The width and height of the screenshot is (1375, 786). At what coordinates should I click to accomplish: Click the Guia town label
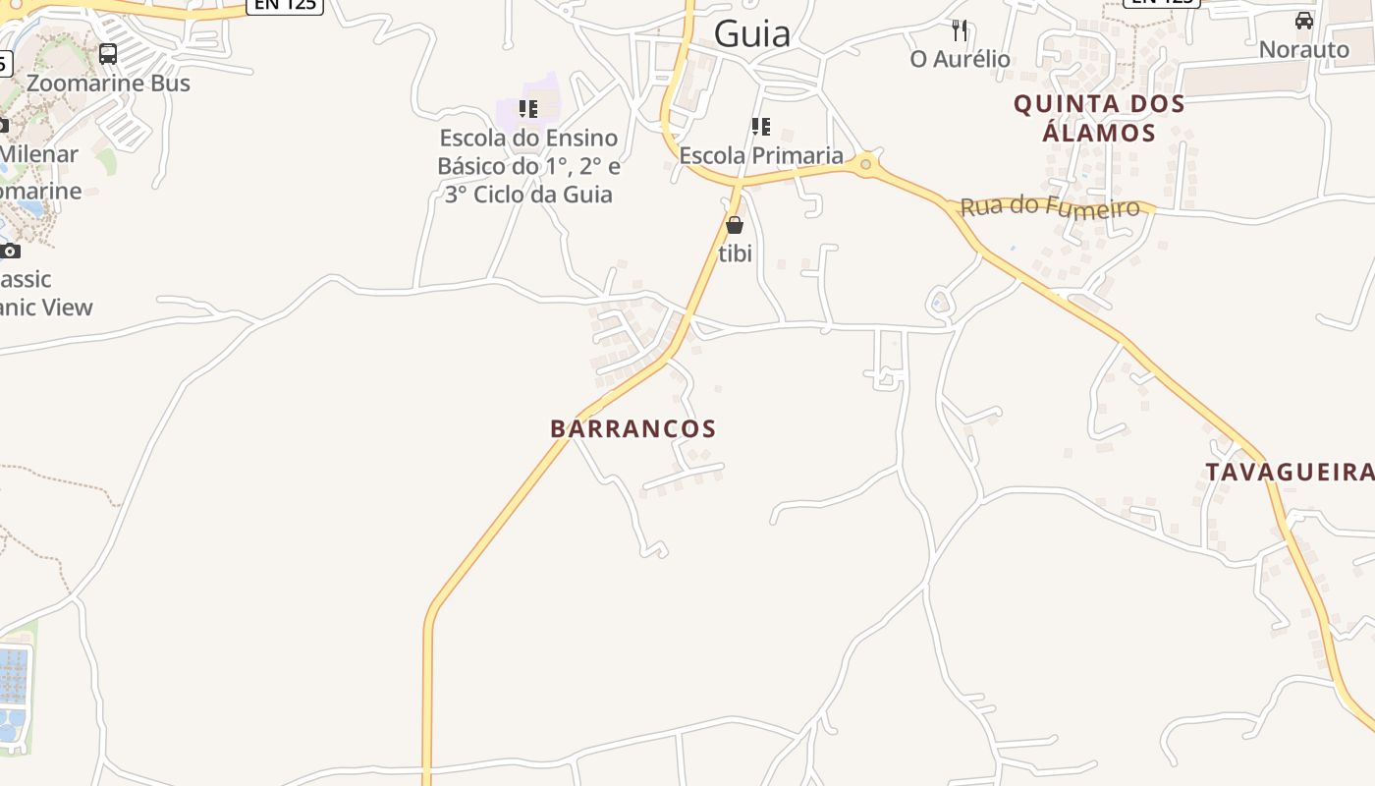[x=752, y=34]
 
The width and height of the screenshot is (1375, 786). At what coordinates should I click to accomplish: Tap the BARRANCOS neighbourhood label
[x=633, y=429]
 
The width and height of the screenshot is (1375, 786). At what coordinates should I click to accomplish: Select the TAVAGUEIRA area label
[x=1290, y=473]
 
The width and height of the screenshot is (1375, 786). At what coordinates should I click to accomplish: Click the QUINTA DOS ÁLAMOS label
[x=1099, y=118]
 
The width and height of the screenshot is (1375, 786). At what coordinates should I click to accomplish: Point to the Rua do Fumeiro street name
[x=1050, y=206]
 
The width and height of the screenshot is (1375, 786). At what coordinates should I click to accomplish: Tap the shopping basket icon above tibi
[x=735, y=225]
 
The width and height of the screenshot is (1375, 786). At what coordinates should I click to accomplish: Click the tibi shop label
[x=735, y=253]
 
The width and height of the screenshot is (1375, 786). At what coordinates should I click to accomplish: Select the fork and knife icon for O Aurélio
[x=960, y=30]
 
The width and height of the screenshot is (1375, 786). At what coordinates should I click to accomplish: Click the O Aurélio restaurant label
[x=960, y=59]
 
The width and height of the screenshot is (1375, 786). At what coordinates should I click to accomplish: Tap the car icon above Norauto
[x=1304, y=21]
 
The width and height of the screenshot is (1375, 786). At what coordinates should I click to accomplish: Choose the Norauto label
[x=1304, y=49]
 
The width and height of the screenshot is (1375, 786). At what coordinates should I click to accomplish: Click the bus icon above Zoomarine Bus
[x=108, y=54]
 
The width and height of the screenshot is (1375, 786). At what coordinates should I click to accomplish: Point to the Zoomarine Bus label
[x=108, y=84]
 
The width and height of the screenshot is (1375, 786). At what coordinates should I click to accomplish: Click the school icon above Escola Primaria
[x=761, y=127]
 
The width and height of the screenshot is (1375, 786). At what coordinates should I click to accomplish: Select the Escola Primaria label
[x=761, y=155]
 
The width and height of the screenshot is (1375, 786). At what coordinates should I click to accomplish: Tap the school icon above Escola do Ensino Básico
[x=528, y=109]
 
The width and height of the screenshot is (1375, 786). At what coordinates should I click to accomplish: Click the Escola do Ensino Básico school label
[x=528, y=166]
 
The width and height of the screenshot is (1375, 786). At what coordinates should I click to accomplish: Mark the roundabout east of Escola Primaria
[x=865, y=164]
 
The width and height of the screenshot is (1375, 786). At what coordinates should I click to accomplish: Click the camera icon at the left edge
[x=10, y=252]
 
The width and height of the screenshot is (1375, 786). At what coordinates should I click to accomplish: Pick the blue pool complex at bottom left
[x=14, y=693]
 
